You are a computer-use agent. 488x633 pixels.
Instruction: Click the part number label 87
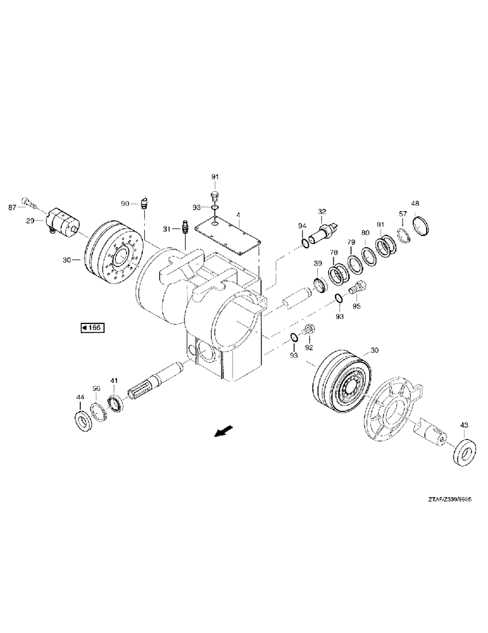11,207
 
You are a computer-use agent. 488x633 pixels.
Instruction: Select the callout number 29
30,221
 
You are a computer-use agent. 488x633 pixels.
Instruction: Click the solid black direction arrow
222,432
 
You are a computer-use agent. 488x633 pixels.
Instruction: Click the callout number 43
465,425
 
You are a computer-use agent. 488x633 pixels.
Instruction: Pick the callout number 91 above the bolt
214,176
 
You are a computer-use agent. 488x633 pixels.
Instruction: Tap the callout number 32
322,211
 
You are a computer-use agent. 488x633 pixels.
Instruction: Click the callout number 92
309,347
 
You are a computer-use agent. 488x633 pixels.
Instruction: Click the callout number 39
317,264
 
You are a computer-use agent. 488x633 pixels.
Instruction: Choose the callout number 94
302,226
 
